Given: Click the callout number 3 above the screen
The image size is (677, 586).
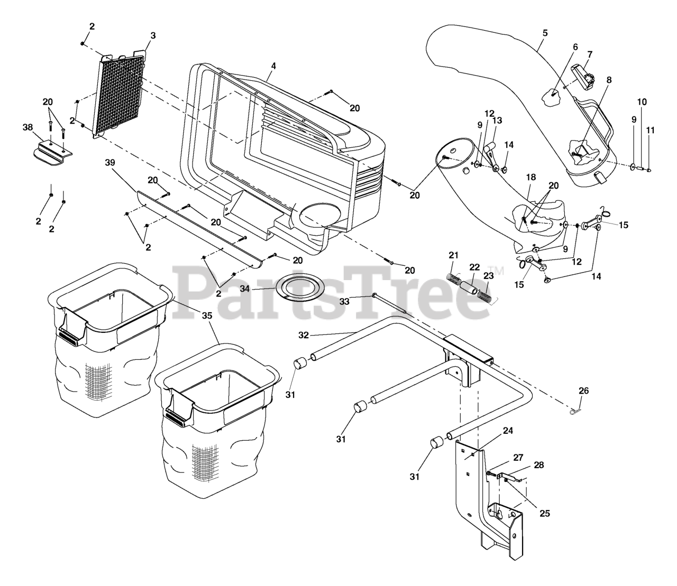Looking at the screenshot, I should [x=153, y=35].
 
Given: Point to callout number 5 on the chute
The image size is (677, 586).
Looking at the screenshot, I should [x=545, y=33].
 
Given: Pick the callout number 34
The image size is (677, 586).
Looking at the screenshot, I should [x=259, y=289].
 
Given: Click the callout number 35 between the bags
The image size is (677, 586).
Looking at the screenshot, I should [x=207, y=315].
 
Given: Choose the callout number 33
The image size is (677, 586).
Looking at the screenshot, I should [x=344, y=301].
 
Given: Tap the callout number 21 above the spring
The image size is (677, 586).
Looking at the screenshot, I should [x=453, y=256].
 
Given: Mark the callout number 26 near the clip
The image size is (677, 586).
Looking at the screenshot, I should [x=583, y=390].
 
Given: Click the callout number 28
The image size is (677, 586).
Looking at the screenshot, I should [x=538, y=465].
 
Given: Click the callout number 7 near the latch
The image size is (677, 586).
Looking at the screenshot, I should [x=589, y=54].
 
